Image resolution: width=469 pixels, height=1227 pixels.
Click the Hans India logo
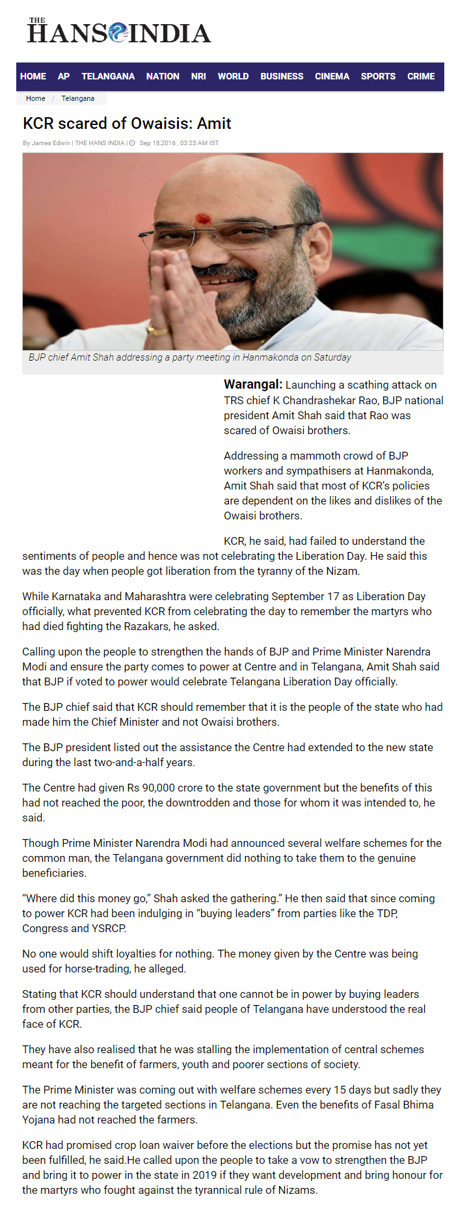119,31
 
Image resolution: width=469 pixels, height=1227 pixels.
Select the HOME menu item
33,76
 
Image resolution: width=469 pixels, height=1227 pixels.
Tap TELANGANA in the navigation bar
108,76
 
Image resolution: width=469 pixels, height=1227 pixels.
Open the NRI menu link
198,76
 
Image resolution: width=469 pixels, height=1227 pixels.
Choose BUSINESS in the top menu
282,76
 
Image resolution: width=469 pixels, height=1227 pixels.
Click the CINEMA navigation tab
332,76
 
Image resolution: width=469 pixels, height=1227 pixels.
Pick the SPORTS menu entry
378,76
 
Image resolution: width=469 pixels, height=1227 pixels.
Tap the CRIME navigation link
421,76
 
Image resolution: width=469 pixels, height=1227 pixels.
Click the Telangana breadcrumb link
78,99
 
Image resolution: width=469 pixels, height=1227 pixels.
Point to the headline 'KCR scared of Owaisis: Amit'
127,123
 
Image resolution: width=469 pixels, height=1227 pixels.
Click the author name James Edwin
51,143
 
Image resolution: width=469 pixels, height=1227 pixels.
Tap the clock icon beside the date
132,143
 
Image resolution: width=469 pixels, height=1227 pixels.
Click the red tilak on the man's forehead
203,219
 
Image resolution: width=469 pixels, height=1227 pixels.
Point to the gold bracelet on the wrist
158,330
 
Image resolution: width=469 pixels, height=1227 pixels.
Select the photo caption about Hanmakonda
190,357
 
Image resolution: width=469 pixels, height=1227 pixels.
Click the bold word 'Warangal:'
253,385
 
